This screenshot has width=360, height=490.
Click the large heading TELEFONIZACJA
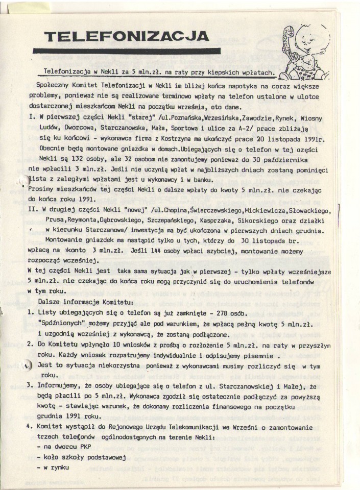coord(127,36)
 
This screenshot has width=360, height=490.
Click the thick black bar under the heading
coord(127,51)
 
